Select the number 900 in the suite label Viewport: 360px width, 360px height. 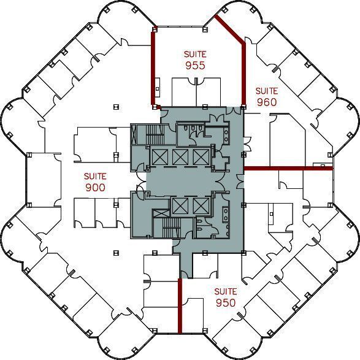(95, 188)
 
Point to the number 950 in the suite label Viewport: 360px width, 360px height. (226, 302)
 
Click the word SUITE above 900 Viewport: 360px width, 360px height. (95, 177)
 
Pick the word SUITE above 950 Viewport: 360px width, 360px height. (226, 292)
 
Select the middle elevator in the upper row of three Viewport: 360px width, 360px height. (181, 156)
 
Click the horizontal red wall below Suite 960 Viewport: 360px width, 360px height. (288, 167)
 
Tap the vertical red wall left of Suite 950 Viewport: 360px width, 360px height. (180, 305)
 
